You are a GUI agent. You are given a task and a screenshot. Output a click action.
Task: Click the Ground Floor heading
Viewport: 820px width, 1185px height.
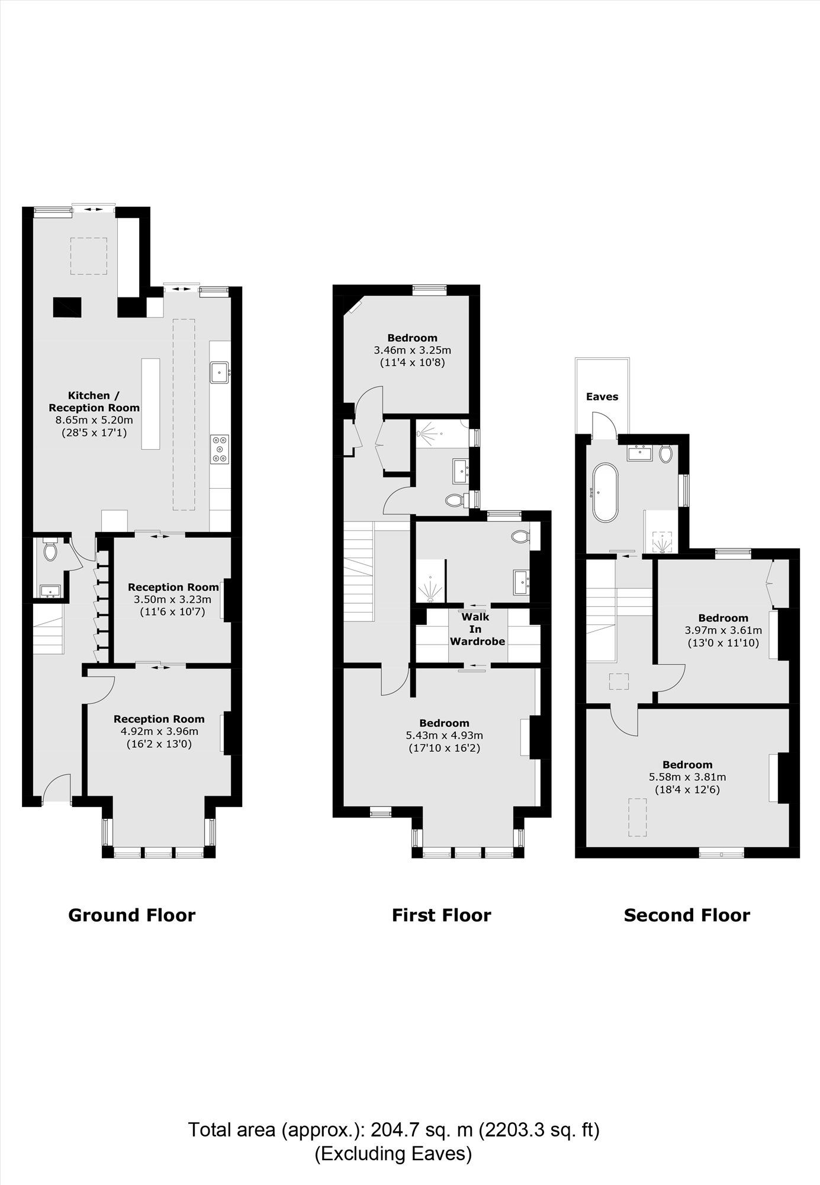coord(131,915)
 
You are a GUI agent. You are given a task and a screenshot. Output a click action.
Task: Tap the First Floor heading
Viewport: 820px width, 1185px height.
coord(441,915)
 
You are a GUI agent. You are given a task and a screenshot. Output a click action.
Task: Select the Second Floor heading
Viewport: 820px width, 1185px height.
coord(687,915)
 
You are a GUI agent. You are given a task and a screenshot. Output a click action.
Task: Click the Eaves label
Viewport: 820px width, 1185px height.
coord(602,397)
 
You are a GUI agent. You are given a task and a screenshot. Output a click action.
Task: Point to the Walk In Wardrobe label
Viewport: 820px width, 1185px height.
coord(477,629)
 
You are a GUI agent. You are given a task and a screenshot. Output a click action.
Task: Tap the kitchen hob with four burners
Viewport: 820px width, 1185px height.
coord(220,449)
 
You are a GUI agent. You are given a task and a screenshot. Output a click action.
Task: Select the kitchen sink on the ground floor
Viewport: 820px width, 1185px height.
coord(219,373)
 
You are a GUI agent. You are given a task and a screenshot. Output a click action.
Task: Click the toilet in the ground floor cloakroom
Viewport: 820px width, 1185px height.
coord(49,551)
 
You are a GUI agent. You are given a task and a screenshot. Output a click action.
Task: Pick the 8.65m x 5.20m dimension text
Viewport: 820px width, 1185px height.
coord(94,420)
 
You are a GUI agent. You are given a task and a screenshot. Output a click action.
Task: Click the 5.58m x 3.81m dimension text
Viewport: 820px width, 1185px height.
coord(687,777)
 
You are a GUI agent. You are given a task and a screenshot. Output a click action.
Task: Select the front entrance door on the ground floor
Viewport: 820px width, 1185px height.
coord(56,787)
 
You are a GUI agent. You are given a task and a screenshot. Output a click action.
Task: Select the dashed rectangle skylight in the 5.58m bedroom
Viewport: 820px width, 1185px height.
coord(637,817)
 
